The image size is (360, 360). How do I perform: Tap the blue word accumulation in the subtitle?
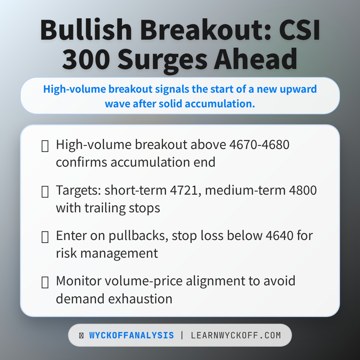tap(220, 103)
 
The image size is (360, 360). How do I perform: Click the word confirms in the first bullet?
tap(82, 162)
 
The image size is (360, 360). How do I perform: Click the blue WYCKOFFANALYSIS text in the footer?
tap(131, 335)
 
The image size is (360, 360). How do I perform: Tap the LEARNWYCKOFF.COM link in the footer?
tap(236, 335)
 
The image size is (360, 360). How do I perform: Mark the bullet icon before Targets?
tap(45, 192)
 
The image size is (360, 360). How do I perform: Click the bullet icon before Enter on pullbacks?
tap(45, 237)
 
